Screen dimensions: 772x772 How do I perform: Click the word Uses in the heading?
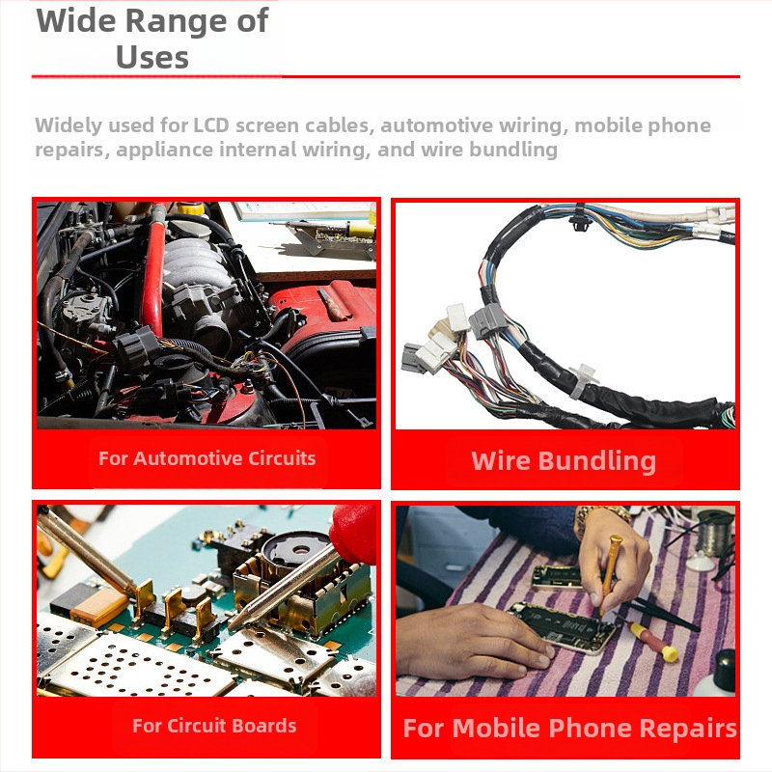point(152,58)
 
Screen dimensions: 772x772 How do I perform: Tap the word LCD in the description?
point(211,125)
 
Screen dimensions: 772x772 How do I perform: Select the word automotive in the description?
point(436,125)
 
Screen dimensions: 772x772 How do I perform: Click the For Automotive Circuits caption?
point(207,458)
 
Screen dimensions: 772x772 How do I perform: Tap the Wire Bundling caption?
point(564,461)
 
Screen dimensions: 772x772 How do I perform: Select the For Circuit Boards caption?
point(214,726)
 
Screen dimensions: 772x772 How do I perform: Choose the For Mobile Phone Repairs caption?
point(569,729)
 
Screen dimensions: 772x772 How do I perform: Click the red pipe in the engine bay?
point(154,276)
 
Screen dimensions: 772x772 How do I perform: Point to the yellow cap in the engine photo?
point(191,207)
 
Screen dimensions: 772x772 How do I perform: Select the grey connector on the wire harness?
point(487,320)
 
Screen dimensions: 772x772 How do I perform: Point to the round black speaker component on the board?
point(296,551)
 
